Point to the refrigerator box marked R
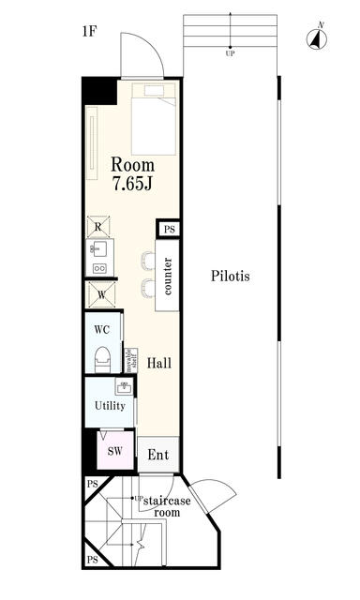(x=98, y=226)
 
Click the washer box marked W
(x=99, y=296)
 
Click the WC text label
(x=103, y=330)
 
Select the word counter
(x=168, y=277)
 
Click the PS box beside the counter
(x=169, y=229)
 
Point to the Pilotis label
(x=230, y=277)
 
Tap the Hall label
(x=157, y=362)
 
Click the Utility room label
(x=110, y=405)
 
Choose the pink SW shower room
(x=114, y=451)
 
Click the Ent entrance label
(x=158, y=455)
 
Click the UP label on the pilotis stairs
(x=230, y=53)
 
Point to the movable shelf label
(x=132, y=359)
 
